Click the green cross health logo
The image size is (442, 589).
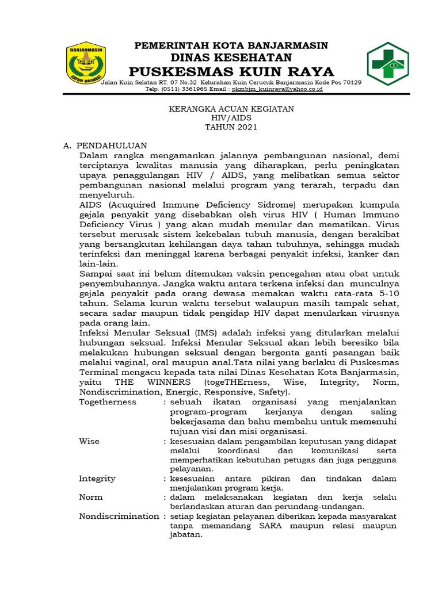(x=388, y=63)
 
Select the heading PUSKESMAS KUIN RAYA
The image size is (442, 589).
(x=231, y=71)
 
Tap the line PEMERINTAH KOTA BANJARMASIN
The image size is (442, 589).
(x=231, y=45)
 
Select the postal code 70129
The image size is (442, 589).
(x=350, y=83)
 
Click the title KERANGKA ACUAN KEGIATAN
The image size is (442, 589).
(x=231, y=109)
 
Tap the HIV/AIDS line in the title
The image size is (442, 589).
(x=231, y=118)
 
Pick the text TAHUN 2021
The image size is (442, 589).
(x=231, y=127)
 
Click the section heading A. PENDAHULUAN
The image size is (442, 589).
(x=105, y=146)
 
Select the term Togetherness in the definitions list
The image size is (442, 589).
(x=108, y=402)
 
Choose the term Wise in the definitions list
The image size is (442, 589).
(x=89, y=441)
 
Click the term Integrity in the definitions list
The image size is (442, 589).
(x=97, y=479)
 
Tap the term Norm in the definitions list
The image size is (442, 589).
(x=91, y=497)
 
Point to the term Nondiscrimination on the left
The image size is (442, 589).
(x=119, y=516)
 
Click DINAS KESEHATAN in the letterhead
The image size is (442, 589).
(x=231, y=58)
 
